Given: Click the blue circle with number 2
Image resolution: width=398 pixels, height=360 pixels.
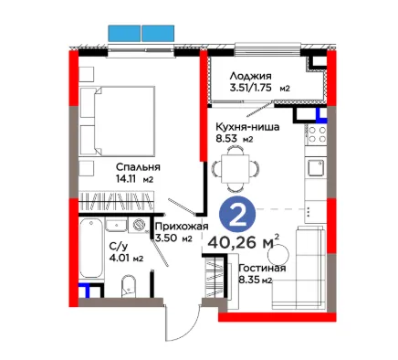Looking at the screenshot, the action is click(237, 216).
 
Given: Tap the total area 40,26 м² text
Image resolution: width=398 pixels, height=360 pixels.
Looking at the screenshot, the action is click(243, 242).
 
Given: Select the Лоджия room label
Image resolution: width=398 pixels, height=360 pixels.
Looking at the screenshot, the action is click(250, 76).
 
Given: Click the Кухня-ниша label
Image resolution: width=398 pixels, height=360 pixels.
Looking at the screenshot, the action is click(247, 126).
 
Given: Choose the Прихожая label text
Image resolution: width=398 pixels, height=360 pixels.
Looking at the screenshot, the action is click(182, 227).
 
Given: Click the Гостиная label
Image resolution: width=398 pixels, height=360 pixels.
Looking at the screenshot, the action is click(262, 269).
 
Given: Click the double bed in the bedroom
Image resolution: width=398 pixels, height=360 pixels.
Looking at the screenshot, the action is click(118, 121).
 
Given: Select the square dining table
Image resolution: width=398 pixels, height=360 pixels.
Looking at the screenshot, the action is click(236, 167).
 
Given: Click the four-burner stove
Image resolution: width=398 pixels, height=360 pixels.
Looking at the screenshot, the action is click(317, 134).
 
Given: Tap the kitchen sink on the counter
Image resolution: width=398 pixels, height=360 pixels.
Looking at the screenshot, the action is click(316, 168).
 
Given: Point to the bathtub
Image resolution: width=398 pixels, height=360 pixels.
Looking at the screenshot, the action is click(90, 248).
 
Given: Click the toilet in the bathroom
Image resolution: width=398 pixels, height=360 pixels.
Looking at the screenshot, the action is click(129, 286).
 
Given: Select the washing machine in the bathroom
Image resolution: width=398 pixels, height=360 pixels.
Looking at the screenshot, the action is click(139, 225).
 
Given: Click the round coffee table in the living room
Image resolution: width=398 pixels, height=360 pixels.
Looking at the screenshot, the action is click(278, 255).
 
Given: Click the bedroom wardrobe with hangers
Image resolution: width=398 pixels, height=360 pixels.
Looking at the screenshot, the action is click(117, 201).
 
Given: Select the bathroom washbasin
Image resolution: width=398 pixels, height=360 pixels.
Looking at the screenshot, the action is click(116, 225).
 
